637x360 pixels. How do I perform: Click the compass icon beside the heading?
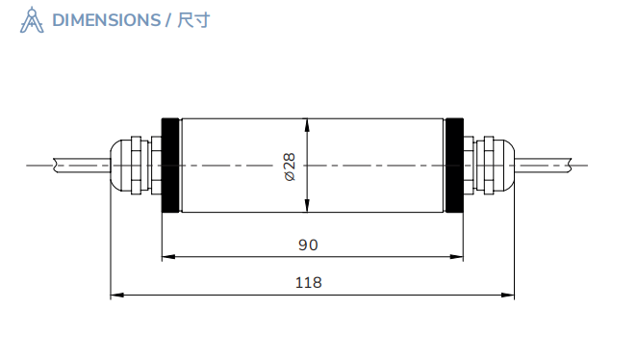(32, 20)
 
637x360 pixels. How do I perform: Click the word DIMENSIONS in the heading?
(106, 20)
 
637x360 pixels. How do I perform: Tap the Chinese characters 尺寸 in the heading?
(193, 20)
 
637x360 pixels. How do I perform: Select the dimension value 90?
(307, 245)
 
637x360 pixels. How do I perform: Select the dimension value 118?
(308, 283)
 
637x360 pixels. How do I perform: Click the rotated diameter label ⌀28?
(290, 166)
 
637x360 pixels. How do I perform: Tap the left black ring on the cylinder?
(170, 166)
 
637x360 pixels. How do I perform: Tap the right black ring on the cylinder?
(454, 166)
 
